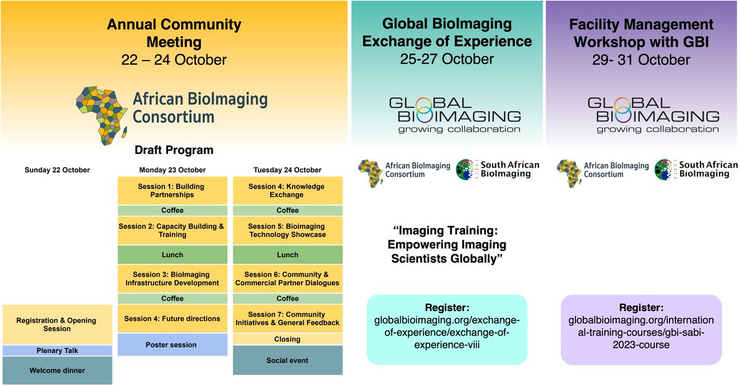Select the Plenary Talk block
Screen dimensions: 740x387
[57, 351]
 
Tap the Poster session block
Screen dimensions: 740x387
[171, 345]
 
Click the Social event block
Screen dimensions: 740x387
[287, 360]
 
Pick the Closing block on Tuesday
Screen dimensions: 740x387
[287, 339]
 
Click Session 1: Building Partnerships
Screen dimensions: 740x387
[171, 190]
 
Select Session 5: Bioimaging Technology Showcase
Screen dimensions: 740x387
[287, 230]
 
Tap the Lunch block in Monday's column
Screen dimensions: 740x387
[171, 255]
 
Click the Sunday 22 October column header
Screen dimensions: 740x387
[57, 170]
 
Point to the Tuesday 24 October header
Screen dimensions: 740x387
[287, 170]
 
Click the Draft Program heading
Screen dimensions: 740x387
[174, 150]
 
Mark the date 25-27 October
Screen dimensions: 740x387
[447, 59]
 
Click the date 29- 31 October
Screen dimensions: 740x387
[642, 60]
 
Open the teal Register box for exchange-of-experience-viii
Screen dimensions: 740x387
[447, 328]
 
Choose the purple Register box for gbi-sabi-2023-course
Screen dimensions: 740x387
[641, 328]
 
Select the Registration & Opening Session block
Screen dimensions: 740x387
[57, 325]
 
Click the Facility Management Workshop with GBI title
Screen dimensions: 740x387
[642, 33]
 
